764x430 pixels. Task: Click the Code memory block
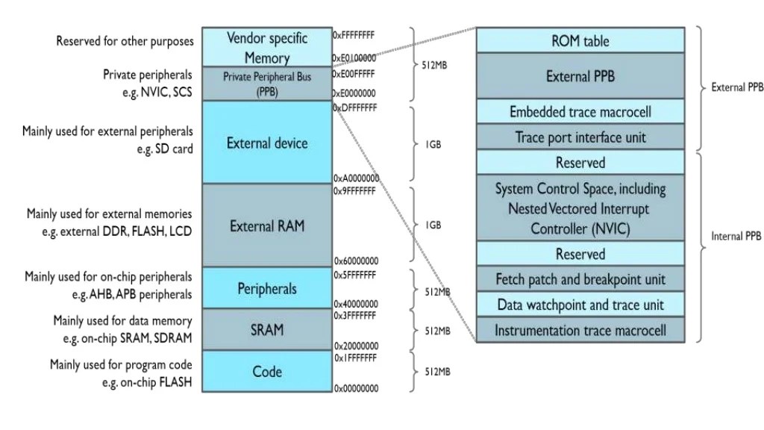tap(266, 371)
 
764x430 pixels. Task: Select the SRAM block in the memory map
tap(266, 329)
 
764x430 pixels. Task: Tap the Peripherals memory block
tap(266, 288)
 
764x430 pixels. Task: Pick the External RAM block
tap(266, 225)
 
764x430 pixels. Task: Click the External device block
tap(266, 143)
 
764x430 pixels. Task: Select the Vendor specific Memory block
tap(266, 47)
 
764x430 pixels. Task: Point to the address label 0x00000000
tap(356, 388)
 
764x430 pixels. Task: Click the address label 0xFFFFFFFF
tap(354, 34)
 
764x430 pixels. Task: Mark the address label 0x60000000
tap(356, 261)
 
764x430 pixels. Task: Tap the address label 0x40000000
tap(356, 304)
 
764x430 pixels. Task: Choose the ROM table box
tap(580, 40)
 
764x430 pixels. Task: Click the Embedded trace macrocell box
tap(580, 112)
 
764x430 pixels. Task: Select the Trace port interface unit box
tap(580, 137)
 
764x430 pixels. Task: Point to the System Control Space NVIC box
tap(580, 209)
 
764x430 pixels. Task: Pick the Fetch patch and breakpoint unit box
tap(580, 279)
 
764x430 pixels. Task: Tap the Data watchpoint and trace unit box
tap(580, 305)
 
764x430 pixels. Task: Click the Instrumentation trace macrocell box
tap(580, 330)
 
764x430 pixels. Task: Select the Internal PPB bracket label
tap(736, 236)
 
